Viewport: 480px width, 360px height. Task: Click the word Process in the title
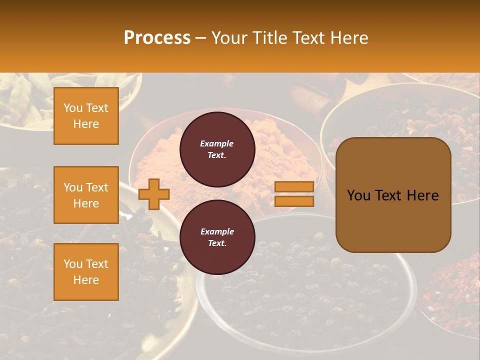pos(157,38)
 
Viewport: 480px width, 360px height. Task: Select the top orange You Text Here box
pos(86,116)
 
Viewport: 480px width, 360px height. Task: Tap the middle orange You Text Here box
pos(86,195)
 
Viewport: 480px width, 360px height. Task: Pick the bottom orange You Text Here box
pos(86,272)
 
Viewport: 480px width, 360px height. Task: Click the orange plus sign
pos(154,194)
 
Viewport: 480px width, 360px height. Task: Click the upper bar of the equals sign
pos(294,187)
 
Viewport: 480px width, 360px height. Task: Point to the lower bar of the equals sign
pos(294,201)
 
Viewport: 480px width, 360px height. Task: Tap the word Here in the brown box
pos(422,195)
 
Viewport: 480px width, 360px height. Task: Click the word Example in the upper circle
pos(217,143)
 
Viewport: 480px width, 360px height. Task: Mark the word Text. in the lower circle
pos(217,243)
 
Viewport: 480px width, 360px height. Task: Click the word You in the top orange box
pos(72,108)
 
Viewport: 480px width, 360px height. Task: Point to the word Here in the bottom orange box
pos(86,280)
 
